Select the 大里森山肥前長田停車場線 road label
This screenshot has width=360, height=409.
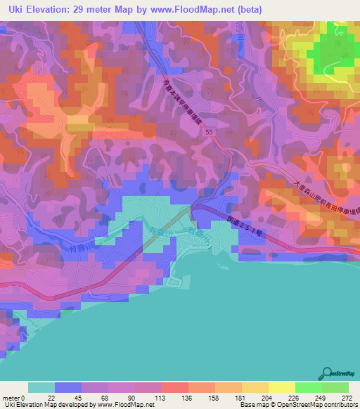coord(325,203)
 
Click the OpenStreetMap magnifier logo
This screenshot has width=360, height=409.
coord(328,373)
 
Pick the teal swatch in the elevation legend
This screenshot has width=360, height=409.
coord(41,387)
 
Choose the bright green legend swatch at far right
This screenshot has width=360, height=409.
coord(335,387)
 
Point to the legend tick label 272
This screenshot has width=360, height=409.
coord(347,397)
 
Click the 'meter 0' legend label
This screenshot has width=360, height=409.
coord(15,397)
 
